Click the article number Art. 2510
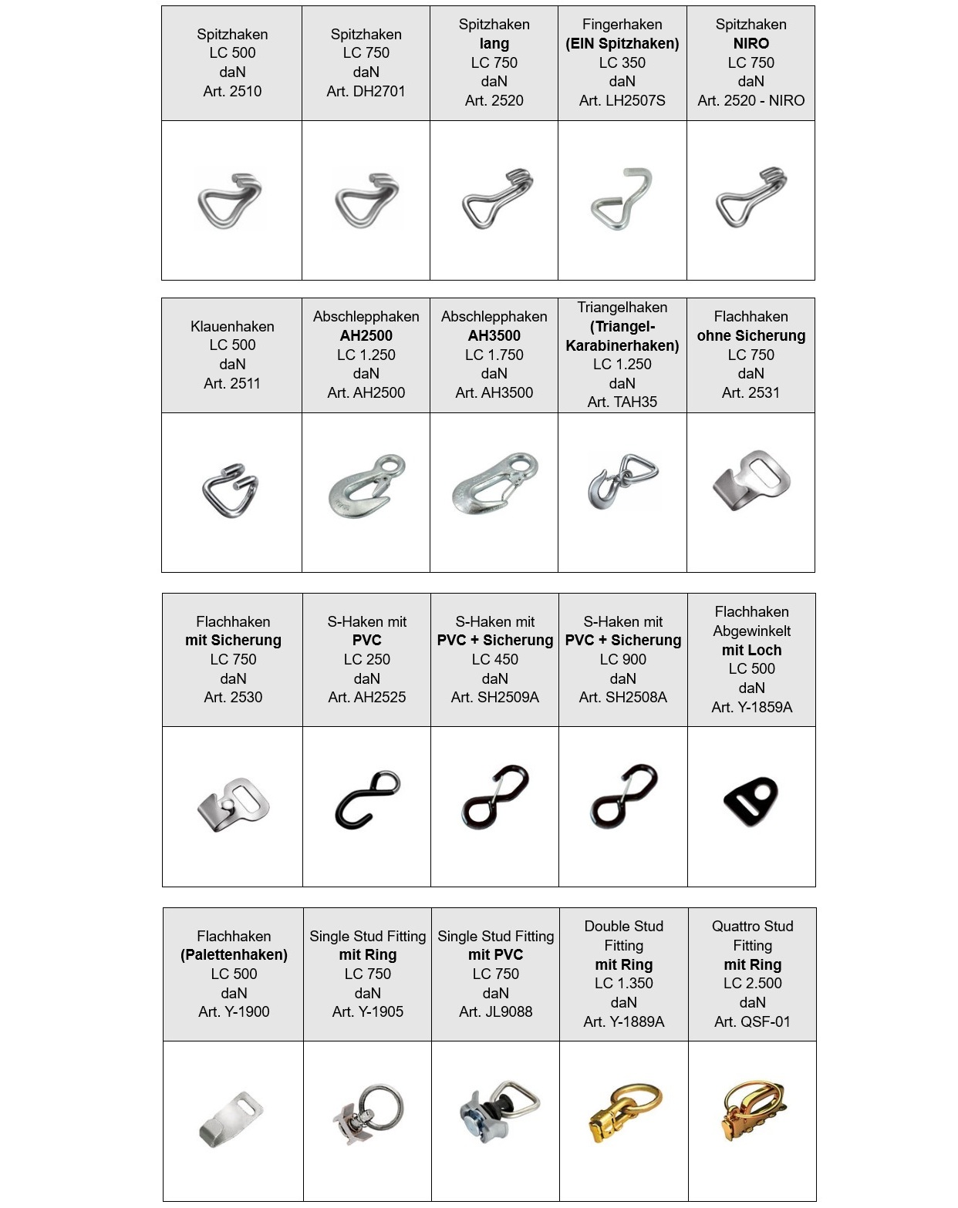point(232,91)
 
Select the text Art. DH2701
point(366,91)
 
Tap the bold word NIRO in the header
point(751,43)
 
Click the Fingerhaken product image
point(622,200)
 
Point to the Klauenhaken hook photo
point(230,490)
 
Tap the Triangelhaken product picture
point(622,482)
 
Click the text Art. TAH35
point(622,402)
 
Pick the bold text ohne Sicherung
point(751,335)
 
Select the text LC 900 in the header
point(622,659)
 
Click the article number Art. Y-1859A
point(751,707)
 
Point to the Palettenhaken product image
point(232,1118)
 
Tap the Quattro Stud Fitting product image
point(752,1112)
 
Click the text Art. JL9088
point(495,1011)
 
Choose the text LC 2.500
point(752,983)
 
